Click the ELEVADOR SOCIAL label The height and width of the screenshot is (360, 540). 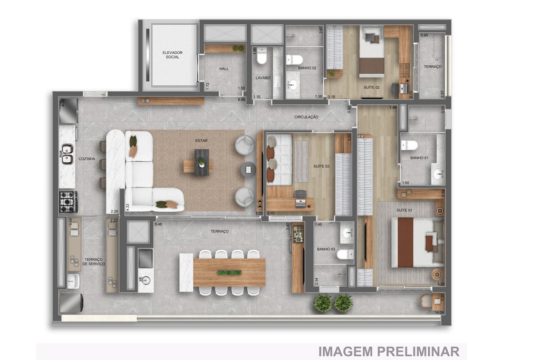click(172, 55)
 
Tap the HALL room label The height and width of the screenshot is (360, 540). click(224, 69)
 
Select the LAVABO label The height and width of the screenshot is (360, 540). click(263, 78)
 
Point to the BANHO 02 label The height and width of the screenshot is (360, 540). click(307, 68)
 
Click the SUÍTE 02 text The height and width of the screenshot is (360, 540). click(372, 86)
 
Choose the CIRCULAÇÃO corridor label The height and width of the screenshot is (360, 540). click(306, 116)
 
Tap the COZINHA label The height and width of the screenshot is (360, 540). click(87, 159)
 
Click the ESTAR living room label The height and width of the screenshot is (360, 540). click(201, 141)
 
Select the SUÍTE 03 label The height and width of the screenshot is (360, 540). click(321, 167)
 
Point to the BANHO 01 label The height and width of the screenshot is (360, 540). click(419, 158)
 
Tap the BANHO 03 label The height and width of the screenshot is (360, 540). click(326, 249)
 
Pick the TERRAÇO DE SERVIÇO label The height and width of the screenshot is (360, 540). click(94, 261)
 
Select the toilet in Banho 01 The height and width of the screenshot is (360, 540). click(410, 145)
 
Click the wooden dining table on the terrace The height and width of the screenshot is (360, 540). click(229, 273)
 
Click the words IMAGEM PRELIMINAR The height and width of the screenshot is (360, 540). click(388, 352)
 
